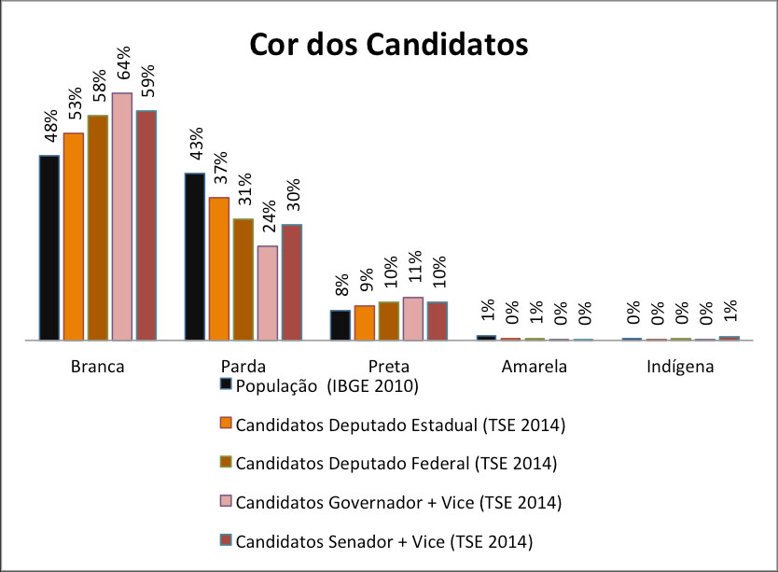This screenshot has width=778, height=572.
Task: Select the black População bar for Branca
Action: pyautogui.click(x=49, y=247)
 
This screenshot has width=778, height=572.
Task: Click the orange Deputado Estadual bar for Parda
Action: pyautogui.click(x=219, y=269)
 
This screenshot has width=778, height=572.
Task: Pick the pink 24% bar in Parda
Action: pyautogui.click(x=268, y=293)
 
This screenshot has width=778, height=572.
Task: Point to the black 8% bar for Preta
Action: pyautogui.click(x=340, y=325)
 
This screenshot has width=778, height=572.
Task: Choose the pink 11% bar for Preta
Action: pyautogui.click(x=413, y=318)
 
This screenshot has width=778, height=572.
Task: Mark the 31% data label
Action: pyautogui.click(x=244, y=190)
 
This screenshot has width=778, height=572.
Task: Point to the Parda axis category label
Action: pyautogui.click(x=243, y=367)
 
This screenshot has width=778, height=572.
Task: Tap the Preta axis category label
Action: pyautogui.click(x=389, y=367)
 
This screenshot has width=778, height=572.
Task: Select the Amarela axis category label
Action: pyautogui.click(x=535, y=367)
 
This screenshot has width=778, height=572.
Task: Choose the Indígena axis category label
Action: pyautogui.click(x=680, y=367)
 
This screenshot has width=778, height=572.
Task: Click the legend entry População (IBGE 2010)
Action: pyautogui.click(x=327, y=386)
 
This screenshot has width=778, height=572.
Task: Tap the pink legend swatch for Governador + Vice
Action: pyautogui.click(x=226, y=502)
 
